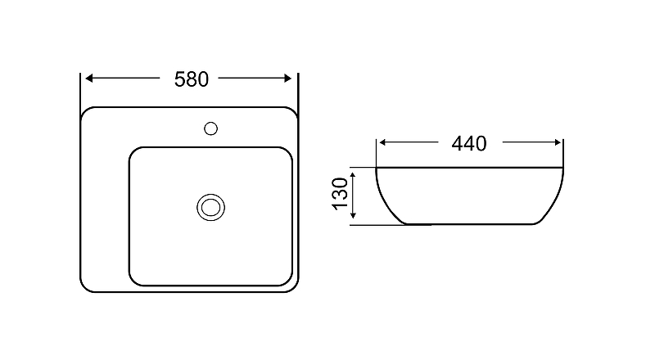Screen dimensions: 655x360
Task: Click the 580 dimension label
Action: click(192, 79)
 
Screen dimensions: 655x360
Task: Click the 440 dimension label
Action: click(469, 144)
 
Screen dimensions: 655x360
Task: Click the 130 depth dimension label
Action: click(341, 193)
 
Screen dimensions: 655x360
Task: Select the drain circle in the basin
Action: click(211, 194)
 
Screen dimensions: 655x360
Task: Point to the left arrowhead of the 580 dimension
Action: click(88, 78)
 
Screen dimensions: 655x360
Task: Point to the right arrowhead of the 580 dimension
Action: click(287, 78)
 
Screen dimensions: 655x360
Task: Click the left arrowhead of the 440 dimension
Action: click(382, 143)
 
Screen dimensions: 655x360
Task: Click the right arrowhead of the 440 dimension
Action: click(558, 143)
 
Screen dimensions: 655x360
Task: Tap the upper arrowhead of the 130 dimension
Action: click(353, 176)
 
